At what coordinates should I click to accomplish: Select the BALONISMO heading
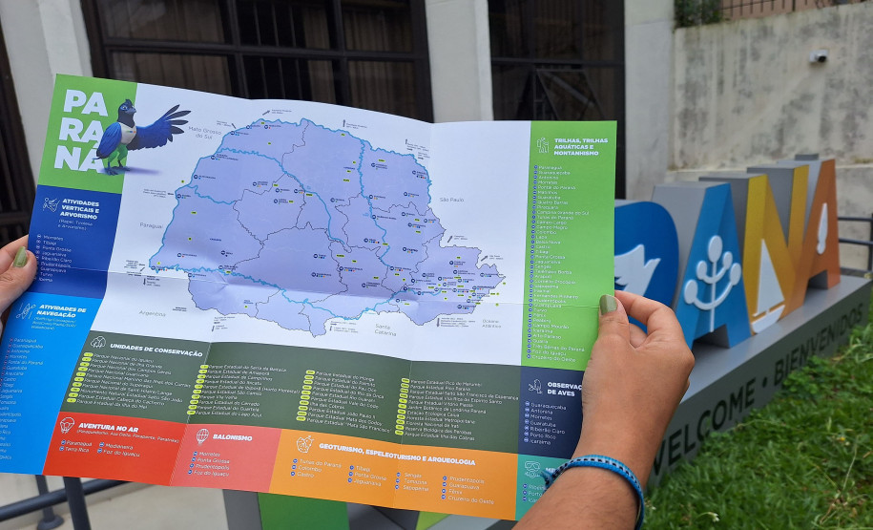pyautogui.click(x=232, y=436)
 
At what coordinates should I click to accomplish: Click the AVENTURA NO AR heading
pyautogui.click(x=108, y=429)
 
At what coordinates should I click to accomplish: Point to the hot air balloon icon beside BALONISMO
pyautogui.click(x=202, y=435)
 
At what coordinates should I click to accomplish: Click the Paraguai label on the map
pyautogui.click(x=152, y=225)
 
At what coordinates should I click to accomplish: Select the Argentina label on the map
pyautogui.click(x=153, y=312)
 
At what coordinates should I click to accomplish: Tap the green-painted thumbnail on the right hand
pyautogui.click(x=607, y=305)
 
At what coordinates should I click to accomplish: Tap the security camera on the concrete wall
pyautogui.click(x=819, y=56)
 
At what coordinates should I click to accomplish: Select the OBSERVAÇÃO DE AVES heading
pyautogui.click(x=563, y=389)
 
